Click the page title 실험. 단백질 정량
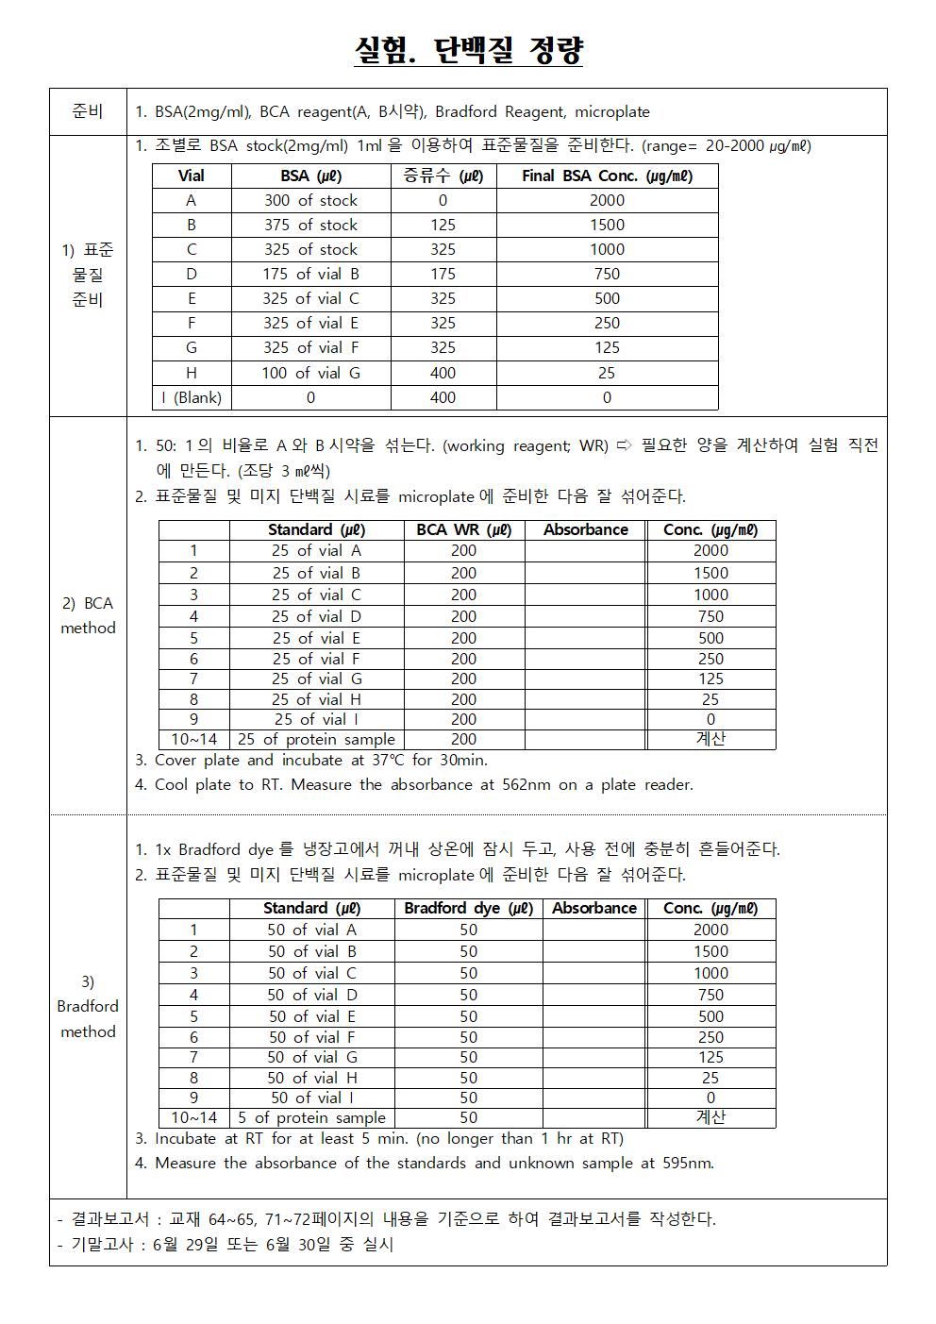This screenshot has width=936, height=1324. pyautogui.click(x=468, y=49)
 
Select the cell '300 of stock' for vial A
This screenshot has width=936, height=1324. pyautogui.click(x=310, y=200)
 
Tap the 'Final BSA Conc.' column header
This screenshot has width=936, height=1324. pyautogui.click(x=607, y=176)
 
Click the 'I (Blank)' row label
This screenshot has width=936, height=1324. pyautogui.click(x=192, y=397)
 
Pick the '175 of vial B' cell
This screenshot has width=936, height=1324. pyautogui.click(x=310, y=274)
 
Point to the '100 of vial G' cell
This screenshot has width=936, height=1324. pyautogui.click(x=310, y=373)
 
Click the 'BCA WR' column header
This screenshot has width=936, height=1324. pyautogui.click(x=463, y=529)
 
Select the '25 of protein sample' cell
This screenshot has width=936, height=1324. pyautogui.click(x=316, y=740)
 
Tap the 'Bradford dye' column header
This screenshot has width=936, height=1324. pyautogui.click(x=468, y=908)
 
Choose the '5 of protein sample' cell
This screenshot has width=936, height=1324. pyautogui.click(x=311, y=1117)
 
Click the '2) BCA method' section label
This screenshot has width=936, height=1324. pyautogui.click(x=87, y=615)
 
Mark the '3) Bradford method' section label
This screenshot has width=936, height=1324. pyautogui.click(x=88, y=1006)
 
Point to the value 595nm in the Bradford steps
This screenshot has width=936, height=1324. pyautogui.click(x=687, y=1163)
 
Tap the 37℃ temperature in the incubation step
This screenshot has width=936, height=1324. pyautogui.click(x=382, y=760)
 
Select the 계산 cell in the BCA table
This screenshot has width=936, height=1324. pyautogui.click(x=710, y=739)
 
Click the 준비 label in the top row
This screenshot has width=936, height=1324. pyautogui.click(x=87, y=111)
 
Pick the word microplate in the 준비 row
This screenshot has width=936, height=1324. pyautogui.click(x=611, y=111)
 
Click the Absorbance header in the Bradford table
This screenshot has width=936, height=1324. pyautogui.click(x=594, y=908)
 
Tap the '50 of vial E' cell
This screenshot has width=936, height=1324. pyautogui.click(x=311, y=1016)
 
